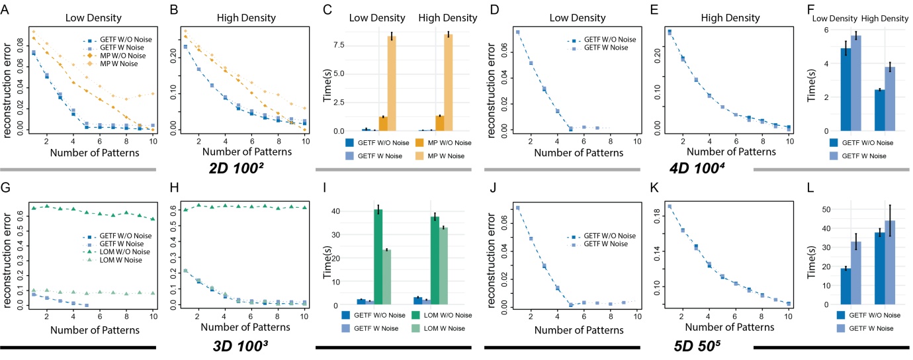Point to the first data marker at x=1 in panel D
coord(517,32)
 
